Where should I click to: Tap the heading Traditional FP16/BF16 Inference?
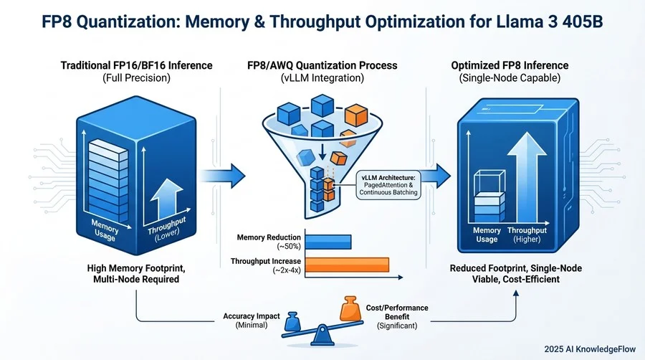(135, 65)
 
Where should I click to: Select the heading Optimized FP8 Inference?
(511, 65)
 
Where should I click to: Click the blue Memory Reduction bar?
(328, 242)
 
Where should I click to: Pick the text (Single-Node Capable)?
(511, 78)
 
